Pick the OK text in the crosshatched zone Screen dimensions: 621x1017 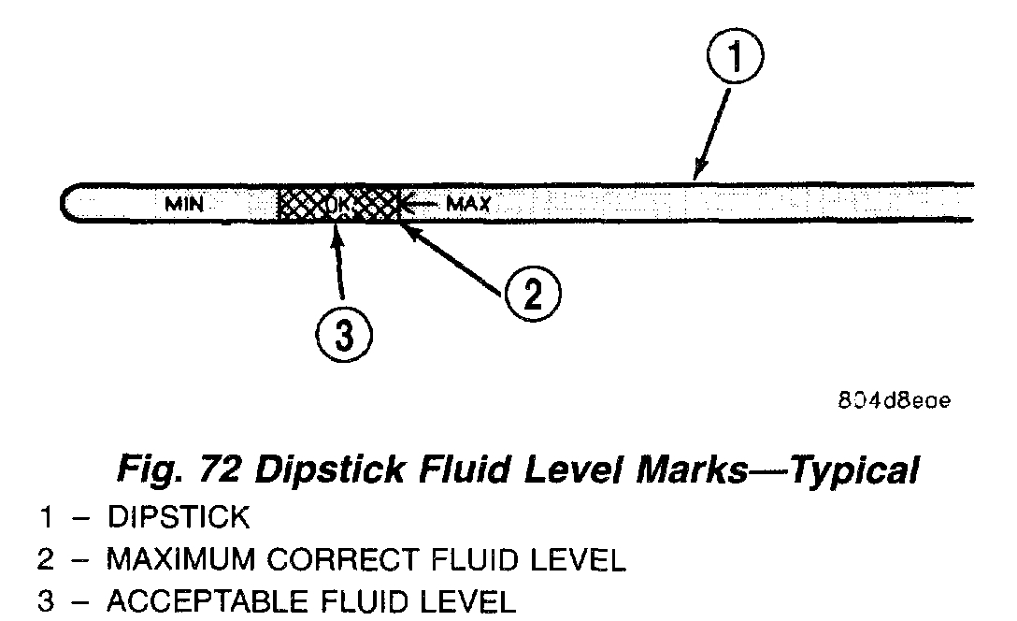(338, 203)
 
